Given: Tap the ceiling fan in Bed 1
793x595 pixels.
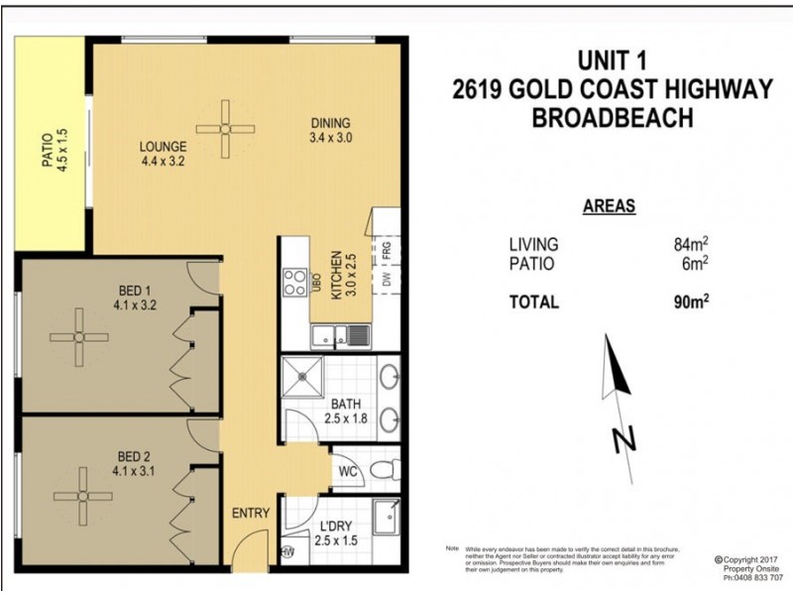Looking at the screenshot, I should (x=78, y=337).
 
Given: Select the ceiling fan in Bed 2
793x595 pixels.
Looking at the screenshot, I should (x=78, y=498).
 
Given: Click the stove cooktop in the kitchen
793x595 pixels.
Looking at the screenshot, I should (x=295, y=283).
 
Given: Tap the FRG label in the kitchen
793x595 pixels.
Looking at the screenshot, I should (x=386, y=248).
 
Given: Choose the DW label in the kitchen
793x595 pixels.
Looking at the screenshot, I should (x=386, y=282).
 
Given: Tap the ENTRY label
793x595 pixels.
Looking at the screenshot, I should (x=250, y=513).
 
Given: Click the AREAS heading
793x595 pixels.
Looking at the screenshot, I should (x=609, y=207).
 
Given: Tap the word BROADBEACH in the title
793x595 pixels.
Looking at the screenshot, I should (x=612, y=118).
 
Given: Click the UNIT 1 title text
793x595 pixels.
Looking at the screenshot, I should (x=611, y=60).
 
